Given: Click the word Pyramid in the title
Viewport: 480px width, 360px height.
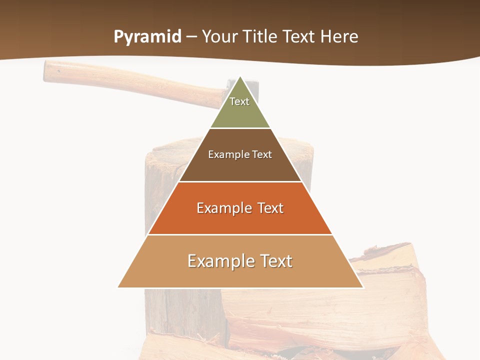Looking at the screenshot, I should coord(147,37).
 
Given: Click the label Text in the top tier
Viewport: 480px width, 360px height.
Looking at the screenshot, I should coord(239,101).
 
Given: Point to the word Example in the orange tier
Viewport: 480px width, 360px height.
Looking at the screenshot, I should coord(224,208).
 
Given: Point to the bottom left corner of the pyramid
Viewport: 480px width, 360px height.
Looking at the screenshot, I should coord(118,287).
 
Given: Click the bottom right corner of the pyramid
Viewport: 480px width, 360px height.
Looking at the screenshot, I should coord(362,287).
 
